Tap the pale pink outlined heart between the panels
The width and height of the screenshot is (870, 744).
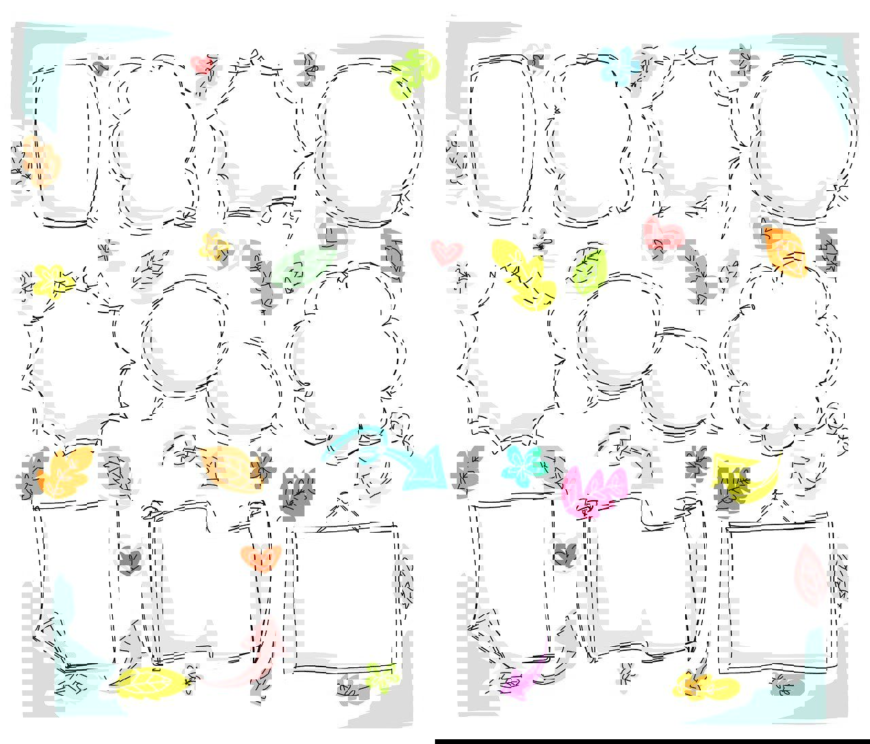click(x=447, y=252)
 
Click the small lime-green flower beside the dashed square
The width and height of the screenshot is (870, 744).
click(x=381, y=676)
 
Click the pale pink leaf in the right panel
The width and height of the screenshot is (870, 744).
click(x=810, y=575)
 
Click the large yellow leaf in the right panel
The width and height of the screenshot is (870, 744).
click(x=523, y=275)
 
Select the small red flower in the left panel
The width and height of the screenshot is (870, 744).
click(x=203, y=65)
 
